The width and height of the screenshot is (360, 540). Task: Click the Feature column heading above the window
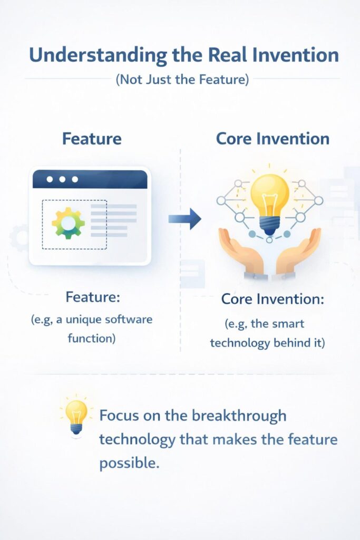(x=92, y=139)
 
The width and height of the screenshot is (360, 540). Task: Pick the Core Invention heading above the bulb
(x=273, y=139)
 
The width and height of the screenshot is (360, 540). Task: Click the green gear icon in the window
(x=68, y=224)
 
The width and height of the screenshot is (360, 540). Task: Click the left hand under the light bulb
(x=240, y=251)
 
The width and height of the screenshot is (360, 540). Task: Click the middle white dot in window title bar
(x=62, y=179)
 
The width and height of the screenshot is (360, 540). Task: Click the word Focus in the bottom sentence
(x=120, y=415)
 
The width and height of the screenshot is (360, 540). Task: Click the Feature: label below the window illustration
(x=93, y=297)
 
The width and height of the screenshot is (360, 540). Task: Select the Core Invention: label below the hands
(x=273, y=299)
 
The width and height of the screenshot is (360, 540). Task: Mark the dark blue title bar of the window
(x=90, y=179)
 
